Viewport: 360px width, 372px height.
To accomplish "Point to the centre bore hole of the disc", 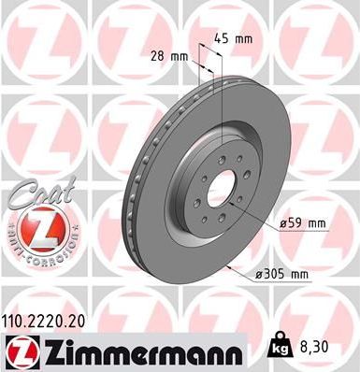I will click(x=220, y=193).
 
